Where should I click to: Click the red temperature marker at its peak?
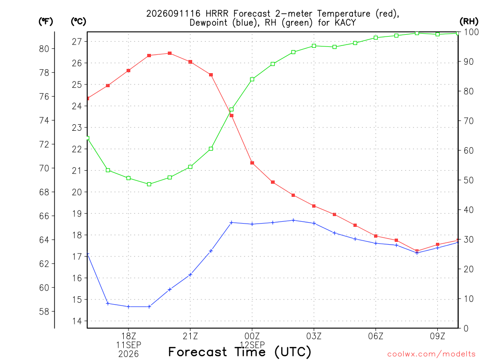tap(170, 53)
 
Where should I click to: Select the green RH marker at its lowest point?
tap(149, 184)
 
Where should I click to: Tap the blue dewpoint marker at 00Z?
tap(252, 224)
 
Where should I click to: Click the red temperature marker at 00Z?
tap(252, 163)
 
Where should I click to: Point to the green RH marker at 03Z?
tap(314, 46)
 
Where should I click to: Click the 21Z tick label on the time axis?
tap(190, 336)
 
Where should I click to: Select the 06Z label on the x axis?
tap(375, 336)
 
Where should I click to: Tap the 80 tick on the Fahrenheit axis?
tap(44, 49)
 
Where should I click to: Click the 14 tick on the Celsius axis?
tap(77, 321)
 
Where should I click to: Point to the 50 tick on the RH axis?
tap(468, 180)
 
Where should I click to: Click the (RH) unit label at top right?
tap(469, 22)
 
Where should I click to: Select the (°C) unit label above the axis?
tap(78, 22)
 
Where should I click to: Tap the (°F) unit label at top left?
tap(45, 22)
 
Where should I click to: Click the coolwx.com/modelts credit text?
tap(431, 354)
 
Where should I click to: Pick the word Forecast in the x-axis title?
tap(198, 352)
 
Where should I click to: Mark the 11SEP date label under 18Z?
tap(128, 345)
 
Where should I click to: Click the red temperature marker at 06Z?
tap(375, 236)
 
